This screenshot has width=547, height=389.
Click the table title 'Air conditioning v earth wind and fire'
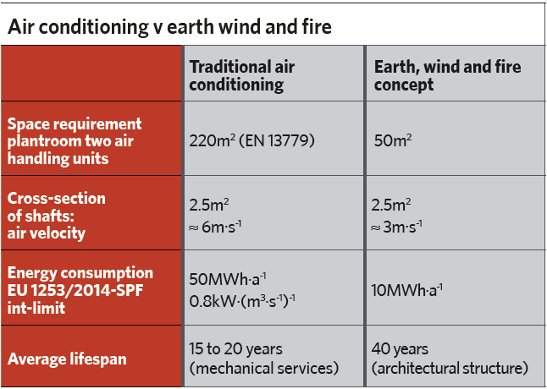pyautogui.click(x=169, y=27)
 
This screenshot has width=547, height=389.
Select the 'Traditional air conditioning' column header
pyautogui.click(x=242, y=75)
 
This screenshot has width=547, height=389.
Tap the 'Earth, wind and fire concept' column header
pyautogui.click(x=448, y=75)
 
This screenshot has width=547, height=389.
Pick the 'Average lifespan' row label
pyautogui.click(x=67, y=359)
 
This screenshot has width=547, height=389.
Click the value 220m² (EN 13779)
pyautogui.click(x=251, y=140)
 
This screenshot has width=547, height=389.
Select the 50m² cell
pyautogui.click(x=393, y=140)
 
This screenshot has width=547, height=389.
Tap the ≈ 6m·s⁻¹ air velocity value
pyautogui.click(x=215, y=227)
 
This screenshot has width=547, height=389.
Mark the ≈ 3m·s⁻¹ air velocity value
pyautogui.click(x=396, y=227)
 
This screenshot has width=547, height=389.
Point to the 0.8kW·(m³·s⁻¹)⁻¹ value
pyautogui.click(x=242, y=301)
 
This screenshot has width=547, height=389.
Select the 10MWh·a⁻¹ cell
pyautogui.click(x=406, y=290)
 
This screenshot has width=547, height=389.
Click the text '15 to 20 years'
pyautogui.click(x=236, y=348)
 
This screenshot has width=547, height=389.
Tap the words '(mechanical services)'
pyautogui.click(x=263, y=369)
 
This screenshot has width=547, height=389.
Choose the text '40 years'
pyautogui.click(x=400, y=348)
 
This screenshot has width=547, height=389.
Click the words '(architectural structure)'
pyautogui.click(x=450, y=369)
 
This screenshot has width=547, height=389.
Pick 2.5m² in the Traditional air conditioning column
pyautogui.click(x=209, y=205)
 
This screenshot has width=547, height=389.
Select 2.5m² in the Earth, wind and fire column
pyautogui.click(x=391, y=205)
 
